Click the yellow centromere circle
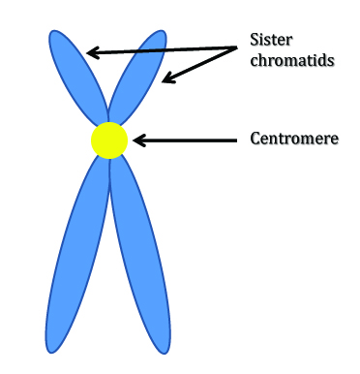[x=109, y=140]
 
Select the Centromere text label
[x=293, y=138]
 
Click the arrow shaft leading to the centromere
[x=189, y=140]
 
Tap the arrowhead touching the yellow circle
[x=136, y=140]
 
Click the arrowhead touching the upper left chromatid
[x=92, y=51]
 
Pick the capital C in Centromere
[x=254, y=138]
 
